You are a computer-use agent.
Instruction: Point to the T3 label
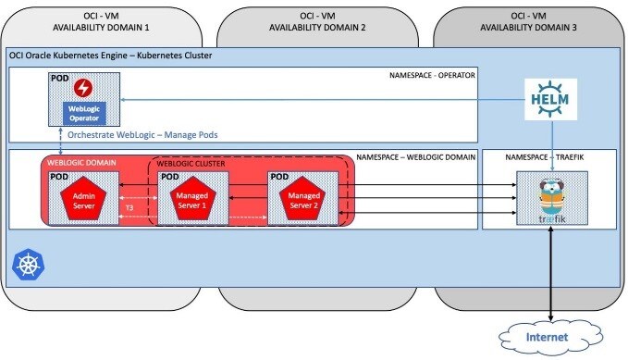click(x=130, y=208)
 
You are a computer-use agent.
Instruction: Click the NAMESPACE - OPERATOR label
click(x=432, y=72)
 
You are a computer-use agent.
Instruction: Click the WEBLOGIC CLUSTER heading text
click(x=191, y=166)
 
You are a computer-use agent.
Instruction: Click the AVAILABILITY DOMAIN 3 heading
click(x=526, y=28)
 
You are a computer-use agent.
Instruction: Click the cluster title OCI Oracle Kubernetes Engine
click(x=110, y=56)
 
